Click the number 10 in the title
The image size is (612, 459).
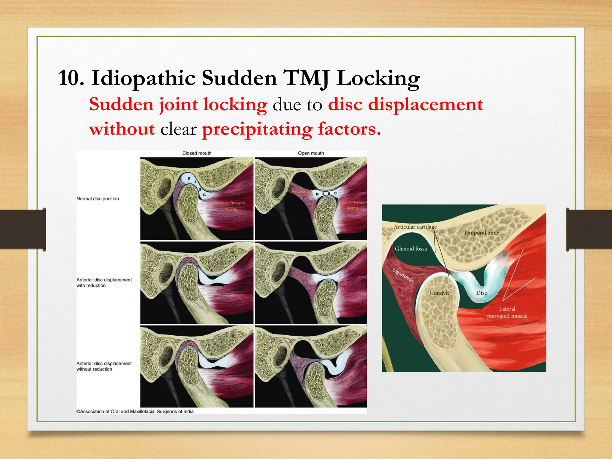(71, 78)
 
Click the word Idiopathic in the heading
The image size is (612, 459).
(143, 78)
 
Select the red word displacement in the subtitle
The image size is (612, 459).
(425, 105)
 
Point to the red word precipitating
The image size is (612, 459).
(257, 129)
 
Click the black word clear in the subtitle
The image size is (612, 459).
(178, 129)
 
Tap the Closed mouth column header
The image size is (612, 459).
(197, 153)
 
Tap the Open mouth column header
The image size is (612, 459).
(311, 153)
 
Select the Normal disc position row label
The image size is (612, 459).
(98, 199)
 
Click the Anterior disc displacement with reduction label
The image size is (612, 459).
(104, 282)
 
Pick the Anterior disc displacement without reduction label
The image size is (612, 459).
(104, 366)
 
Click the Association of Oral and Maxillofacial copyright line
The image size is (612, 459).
(135, 411)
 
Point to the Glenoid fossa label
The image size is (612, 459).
(411, 249)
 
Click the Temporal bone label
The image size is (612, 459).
(481, 233)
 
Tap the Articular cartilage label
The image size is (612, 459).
(415, 227)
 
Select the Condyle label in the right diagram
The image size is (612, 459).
(439, 293)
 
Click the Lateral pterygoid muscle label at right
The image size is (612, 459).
(507, 313)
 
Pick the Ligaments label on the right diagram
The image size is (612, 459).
(403, 275)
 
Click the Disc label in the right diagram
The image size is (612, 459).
(481, 293)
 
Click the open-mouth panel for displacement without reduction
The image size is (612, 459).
(311, 367)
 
